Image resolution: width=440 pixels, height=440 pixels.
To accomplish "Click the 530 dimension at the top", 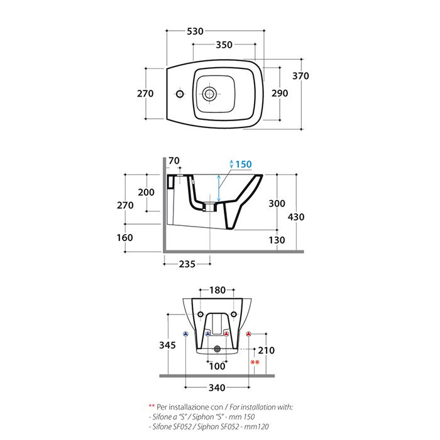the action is (x=195, y=31).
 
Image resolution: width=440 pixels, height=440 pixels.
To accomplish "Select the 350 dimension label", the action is (x=224, y=45).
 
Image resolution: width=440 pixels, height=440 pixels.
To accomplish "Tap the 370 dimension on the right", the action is (x=300, y=76).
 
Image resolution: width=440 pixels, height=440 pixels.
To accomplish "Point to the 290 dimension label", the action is (x=280, y=93).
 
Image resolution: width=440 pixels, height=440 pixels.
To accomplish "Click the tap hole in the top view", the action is (x=180, y=94).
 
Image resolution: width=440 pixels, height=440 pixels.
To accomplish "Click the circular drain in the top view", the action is (x=209, y=94).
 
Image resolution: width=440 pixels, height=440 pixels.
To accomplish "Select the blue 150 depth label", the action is (x=243, y=164).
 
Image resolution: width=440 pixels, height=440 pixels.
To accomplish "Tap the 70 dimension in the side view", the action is (x=174, y=161).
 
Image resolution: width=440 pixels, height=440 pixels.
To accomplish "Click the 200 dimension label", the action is (x=146, y=192).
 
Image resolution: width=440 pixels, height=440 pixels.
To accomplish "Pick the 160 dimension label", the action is (x=124, y=238).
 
